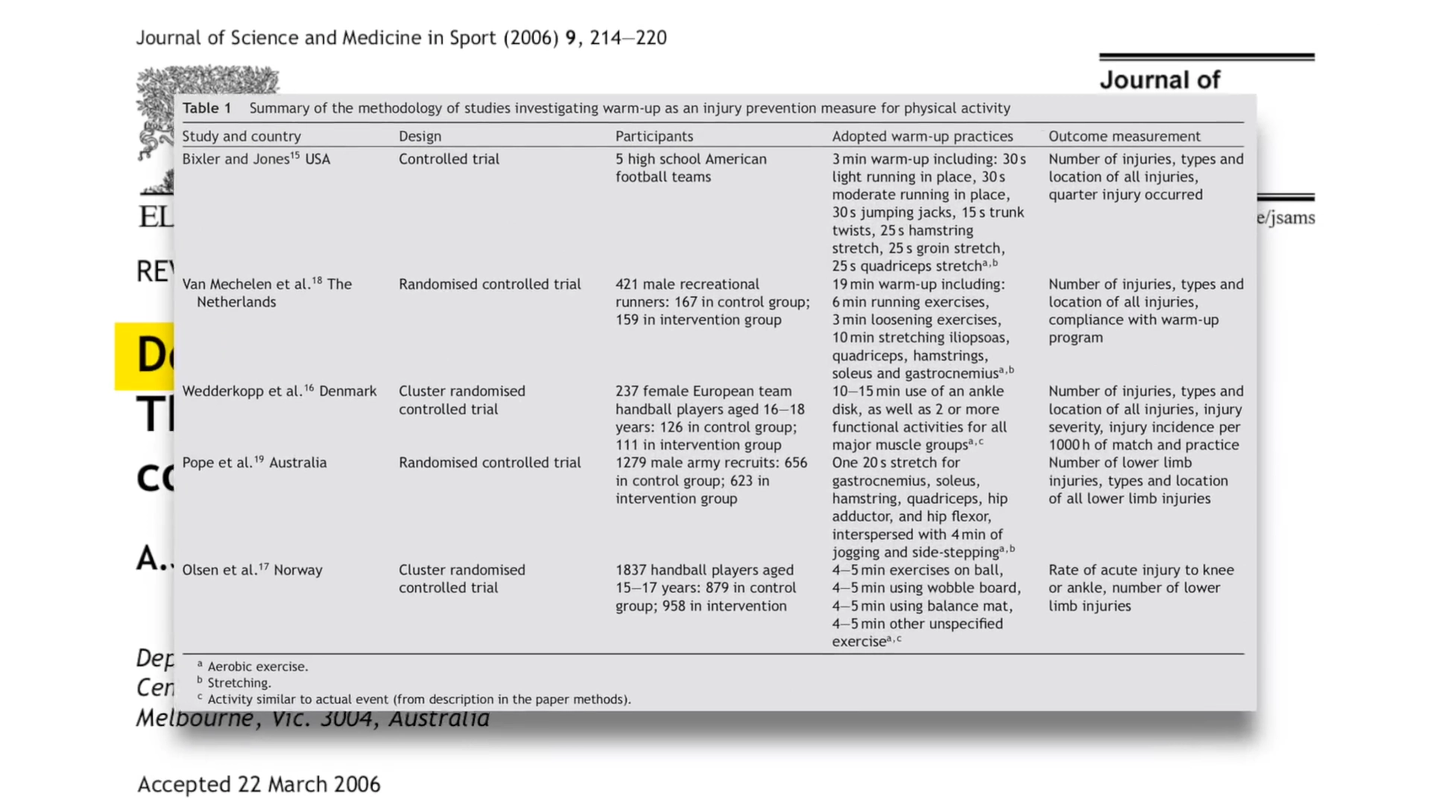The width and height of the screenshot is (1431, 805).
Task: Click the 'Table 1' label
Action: click(x=206, y=108)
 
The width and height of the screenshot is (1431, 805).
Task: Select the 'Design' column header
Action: click(x=420, y=136)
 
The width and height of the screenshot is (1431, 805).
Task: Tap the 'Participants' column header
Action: click(x=654, y=136)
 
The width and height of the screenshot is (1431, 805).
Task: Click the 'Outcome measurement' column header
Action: click(x=1124, y=136)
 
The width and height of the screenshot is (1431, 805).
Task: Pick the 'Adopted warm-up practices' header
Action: click(x=922, y=136)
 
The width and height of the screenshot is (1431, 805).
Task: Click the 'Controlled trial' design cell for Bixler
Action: click(x=449, y=159)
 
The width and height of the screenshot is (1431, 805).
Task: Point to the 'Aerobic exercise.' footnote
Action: click(x=257, y=666)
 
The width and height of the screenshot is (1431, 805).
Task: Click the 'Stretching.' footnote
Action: click(x=238, y=683)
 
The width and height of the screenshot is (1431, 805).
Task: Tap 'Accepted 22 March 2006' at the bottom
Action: click(x=259, y=784)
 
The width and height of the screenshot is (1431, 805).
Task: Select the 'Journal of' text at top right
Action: click(x=1159, y=80)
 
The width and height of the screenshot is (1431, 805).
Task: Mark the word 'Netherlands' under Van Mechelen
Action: click(x=236, y=302)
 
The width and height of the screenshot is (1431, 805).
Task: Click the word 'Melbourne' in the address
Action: click(x=195, y=719)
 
